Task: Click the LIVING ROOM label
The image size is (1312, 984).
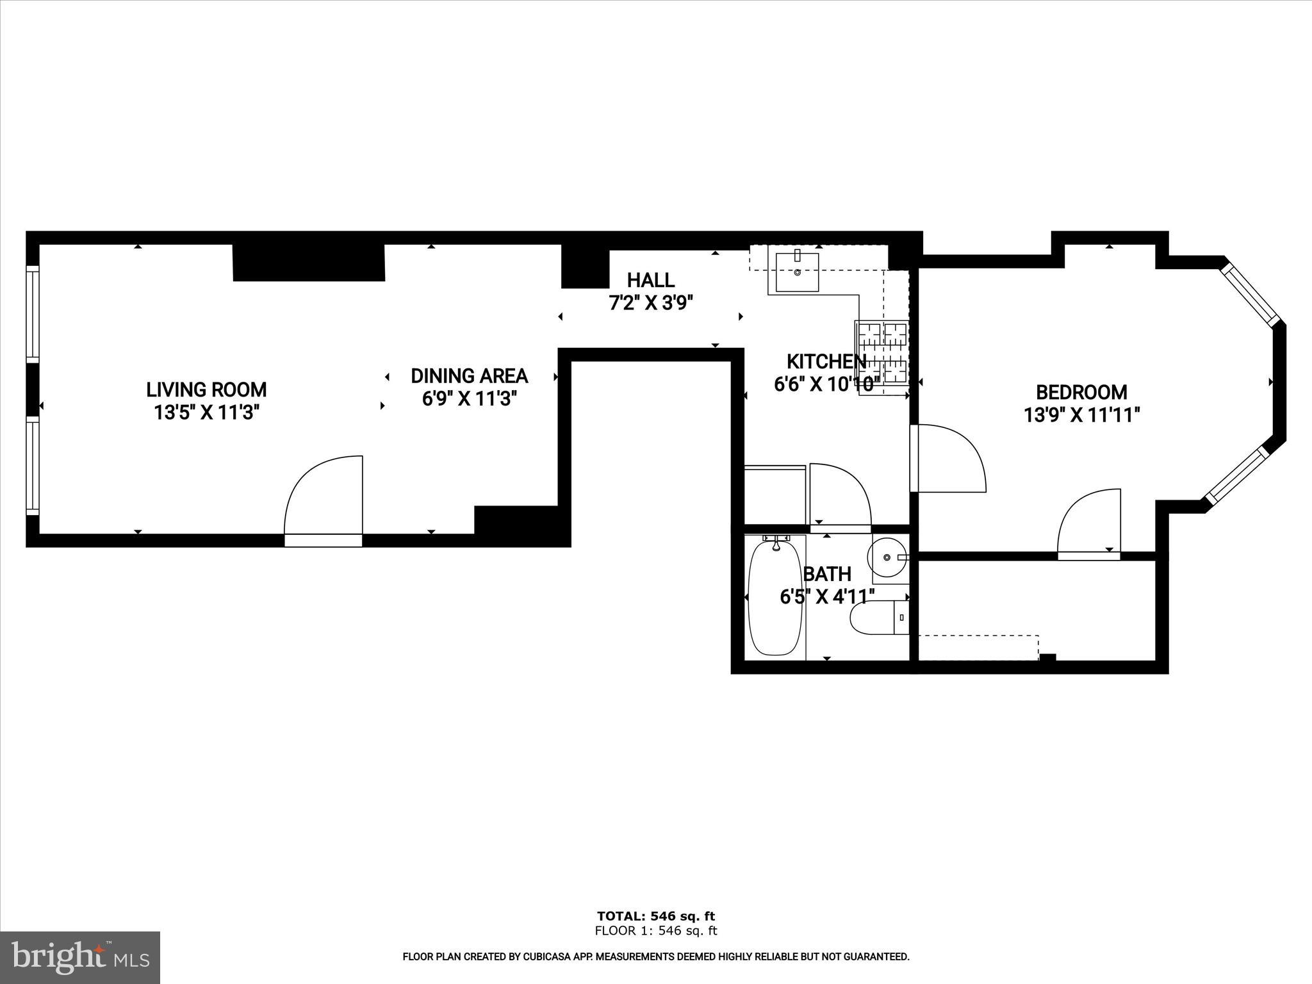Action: [x=206, y=389]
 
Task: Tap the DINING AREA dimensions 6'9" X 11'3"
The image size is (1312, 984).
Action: [x=469, y=399]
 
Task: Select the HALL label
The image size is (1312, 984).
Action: [x=650, y=280]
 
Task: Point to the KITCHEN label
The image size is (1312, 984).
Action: [x=825, y=361]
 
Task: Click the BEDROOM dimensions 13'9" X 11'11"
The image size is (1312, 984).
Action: [x=1081, y=416]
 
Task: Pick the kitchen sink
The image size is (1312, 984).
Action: [x=797, y=272]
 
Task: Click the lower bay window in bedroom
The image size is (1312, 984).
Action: [x=1236, y=475]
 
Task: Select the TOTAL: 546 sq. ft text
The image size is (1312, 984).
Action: [x=655, y=916]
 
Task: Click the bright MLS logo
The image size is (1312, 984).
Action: [x=80, y=957]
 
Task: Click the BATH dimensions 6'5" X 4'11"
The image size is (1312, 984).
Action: [x=827, y=597]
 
